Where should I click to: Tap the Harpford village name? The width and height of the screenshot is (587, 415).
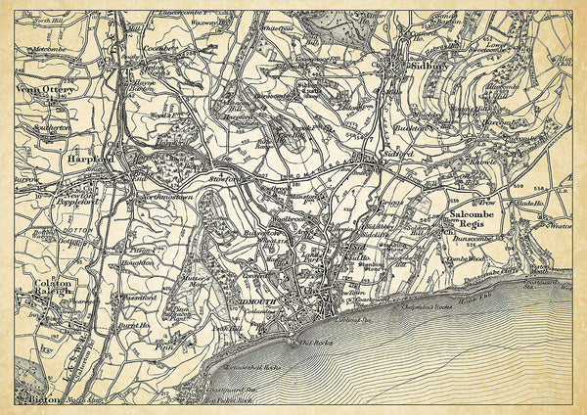tap(91, 157)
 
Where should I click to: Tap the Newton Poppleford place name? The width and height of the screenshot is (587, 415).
tap(74, 196)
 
